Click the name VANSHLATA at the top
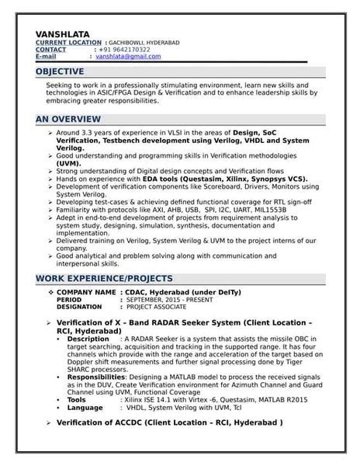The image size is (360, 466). click(61, 33)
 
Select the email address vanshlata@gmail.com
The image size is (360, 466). click(128, 57)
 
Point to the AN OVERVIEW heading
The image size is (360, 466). click(68, 119)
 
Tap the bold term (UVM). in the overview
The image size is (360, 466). click(68, 165)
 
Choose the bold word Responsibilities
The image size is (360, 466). click(96, 375)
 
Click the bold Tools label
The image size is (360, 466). click(78, 398)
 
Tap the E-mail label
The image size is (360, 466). click(47, 57)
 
